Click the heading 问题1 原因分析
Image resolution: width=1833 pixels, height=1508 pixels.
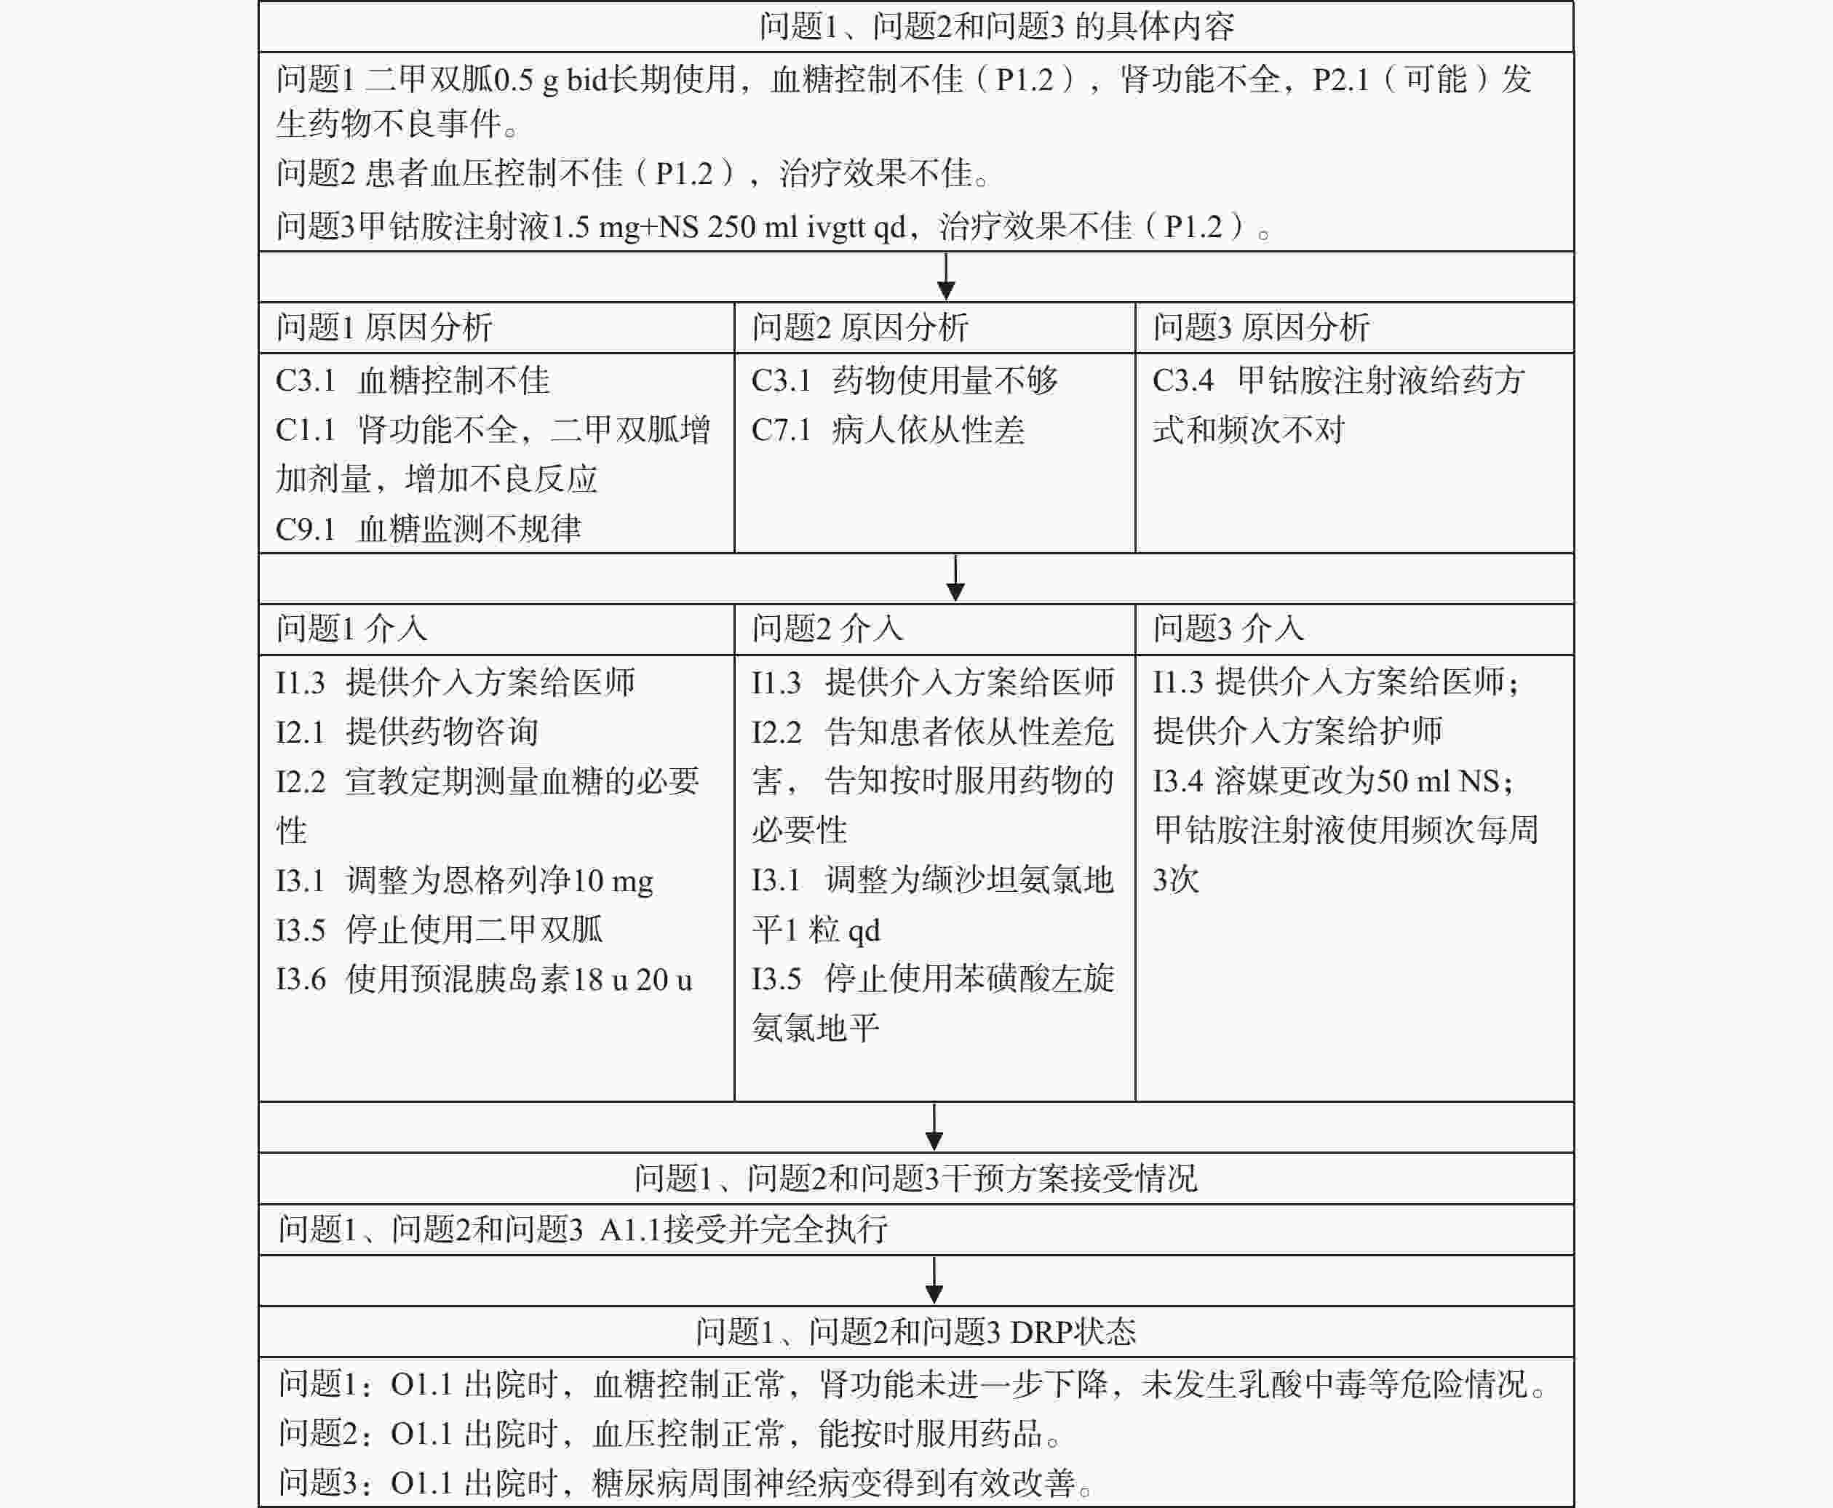point(384,327)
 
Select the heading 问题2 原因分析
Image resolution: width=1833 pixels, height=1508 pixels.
point(859,327)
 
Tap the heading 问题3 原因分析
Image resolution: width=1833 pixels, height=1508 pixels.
point(1260,327)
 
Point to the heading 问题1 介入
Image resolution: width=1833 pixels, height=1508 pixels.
point(352,629)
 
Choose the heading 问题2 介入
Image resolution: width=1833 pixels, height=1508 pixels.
point(827,629)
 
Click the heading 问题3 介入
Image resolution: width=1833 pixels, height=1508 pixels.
point(1228,629)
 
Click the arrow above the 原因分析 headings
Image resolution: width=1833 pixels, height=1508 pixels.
point(946,277)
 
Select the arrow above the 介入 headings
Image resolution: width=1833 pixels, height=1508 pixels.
point(955,578)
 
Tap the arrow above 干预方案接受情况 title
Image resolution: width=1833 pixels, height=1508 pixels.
point(934,1128)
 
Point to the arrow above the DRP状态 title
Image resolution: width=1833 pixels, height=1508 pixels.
point(934,1280)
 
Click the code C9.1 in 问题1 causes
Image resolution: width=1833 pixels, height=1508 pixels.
point(305,529)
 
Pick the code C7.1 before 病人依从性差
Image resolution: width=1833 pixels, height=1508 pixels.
point(780,430)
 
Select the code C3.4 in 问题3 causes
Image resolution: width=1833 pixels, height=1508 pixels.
point(1182,380)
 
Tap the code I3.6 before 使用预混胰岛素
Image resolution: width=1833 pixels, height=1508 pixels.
point(301,980)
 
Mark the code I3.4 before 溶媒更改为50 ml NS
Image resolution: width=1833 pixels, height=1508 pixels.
point(1177,782)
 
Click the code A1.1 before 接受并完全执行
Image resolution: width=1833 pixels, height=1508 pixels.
point(631,1230)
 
